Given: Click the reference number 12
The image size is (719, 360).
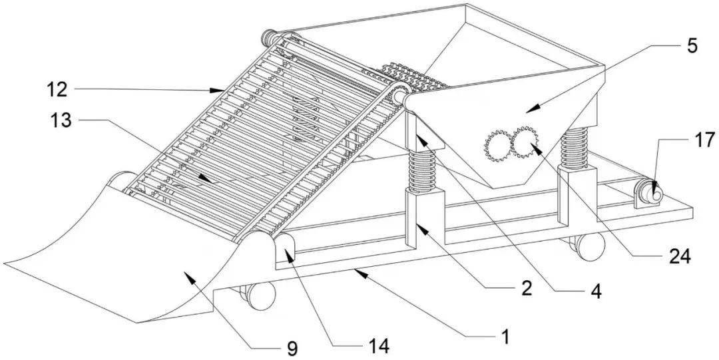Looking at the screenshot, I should [57, 88].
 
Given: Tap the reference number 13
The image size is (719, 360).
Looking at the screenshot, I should [57, 120].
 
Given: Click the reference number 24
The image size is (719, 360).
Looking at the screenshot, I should [679, 255].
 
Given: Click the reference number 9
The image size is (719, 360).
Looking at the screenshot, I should [292, 346].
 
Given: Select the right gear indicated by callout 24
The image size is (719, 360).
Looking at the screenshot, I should [525, 142].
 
